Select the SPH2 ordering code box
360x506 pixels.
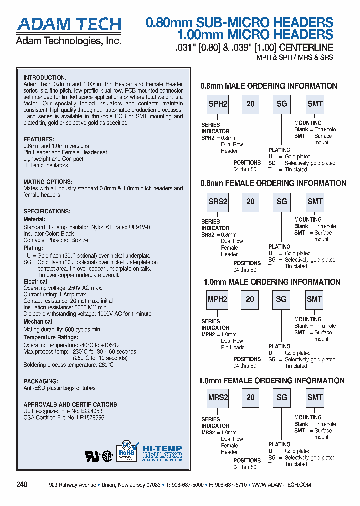(x=218, y=104)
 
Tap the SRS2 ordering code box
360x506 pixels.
(x=218, y=201)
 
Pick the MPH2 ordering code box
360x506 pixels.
(x=217, y=299)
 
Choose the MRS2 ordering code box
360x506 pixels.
(x=218, y=397)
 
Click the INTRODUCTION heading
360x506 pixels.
(x=45, y=78)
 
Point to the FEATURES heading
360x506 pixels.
(x=39, y=140)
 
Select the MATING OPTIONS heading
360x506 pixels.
(x=48, y=182)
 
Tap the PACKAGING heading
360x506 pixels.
(x=39, y=381)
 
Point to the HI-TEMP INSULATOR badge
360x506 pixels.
(x=162, y=452)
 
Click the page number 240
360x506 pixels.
(x=22, y=485)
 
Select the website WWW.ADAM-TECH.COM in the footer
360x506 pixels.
(x=282, y=485)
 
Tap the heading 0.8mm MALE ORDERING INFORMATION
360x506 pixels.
(x=269, y=86)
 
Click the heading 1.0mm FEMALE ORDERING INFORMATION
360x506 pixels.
(x=272, y=381)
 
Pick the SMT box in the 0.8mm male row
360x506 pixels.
(x=315, y=104)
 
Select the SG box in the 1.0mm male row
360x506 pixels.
(x=281, y=299)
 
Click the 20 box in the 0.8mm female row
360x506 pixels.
(x=250, y=201)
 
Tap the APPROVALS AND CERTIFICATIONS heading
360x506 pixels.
(x=71, y=404)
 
